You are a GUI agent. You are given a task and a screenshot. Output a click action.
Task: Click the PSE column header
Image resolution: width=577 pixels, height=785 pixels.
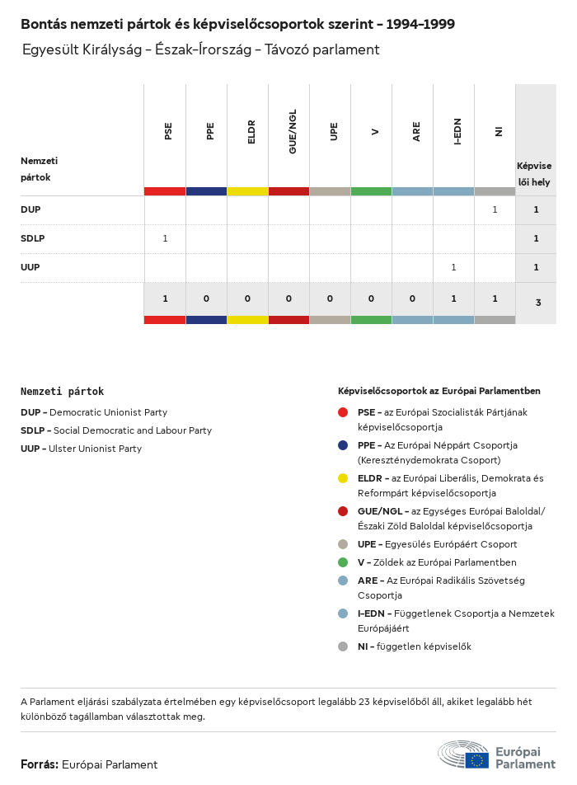(x=168, y=130)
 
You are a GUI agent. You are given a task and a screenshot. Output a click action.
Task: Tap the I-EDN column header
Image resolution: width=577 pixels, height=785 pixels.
(x=457, y=131)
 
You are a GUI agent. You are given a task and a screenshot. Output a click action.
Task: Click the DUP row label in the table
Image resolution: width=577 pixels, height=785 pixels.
(x=30, y=209)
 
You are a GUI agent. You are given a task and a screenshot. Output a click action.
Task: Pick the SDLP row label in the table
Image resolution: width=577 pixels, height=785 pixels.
(x=32, y=238)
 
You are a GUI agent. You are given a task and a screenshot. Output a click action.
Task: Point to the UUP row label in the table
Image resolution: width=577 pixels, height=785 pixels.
(x=30, y=267)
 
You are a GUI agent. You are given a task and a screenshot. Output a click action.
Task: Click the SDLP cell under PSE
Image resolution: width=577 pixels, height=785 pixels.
(x=165, y=238)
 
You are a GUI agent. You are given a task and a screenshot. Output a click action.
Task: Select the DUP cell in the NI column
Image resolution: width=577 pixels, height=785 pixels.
(x=495, y=209)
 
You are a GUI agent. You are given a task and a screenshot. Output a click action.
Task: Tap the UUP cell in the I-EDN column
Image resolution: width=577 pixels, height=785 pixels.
(x=453, y=267)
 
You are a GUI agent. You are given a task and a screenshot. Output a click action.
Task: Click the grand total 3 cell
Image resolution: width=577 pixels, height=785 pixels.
(x=538, y=303)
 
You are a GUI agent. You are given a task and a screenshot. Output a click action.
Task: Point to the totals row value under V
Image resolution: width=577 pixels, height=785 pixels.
(x=371, y=298)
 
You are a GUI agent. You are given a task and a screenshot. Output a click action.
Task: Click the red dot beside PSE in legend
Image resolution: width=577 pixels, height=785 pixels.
(x=343, y=411)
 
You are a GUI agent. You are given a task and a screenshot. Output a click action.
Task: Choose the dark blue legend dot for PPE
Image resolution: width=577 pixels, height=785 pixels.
(x=343, y=445)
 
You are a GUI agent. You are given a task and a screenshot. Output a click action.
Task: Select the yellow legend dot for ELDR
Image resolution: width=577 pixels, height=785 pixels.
(x=343, y=478)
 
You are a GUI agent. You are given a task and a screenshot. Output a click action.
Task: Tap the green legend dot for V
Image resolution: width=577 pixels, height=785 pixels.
(x=343, y=562)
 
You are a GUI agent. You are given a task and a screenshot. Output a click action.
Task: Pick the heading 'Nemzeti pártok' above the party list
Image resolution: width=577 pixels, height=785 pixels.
(x=63, y=392)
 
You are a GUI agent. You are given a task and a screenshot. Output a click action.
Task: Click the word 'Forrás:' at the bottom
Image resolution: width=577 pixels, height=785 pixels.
(x=40, y=764)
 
